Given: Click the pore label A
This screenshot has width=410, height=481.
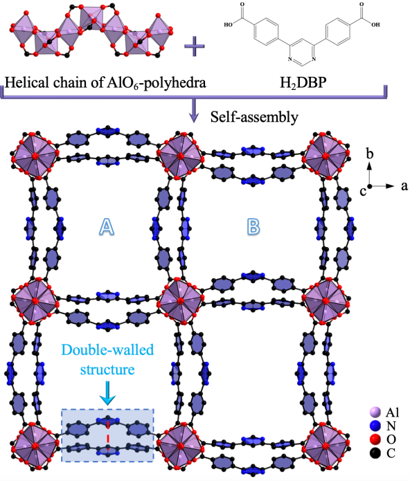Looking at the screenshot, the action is (x=107, y=227).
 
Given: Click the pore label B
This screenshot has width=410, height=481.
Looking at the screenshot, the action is (x=253, y=227).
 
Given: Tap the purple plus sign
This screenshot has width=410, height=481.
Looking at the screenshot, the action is (x=194, y=46).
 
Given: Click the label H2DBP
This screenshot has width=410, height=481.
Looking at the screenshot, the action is (x=303, y=83).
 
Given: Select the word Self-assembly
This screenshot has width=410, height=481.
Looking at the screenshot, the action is (x=254, y=117).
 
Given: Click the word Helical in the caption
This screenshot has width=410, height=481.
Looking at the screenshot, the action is (x=27, y=82).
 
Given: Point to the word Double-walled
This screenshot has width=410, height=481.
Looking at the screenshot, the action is (x=107, y=350).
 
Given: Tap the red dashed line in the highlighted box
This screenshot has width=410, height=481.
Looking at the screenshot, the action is (x=108, y=435).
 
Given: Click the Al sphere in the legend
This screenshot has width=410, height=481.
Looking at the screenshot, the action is (x=375, y=412).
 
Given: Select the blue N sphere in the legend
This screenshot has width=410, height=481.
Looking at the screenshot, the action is (x=375, y=426).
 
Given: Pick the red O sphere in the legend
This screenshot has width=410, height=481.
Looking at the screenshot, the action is (x=375, y=439).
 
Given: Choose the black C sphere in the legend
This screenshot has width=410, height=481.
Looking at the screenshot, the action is (x=375, y=453).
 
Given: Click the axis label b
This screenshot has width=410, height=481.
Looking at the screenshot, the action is (x=370, y=154).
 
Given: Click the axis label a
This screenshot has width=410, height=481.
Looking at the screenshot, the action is (x=404, y=186).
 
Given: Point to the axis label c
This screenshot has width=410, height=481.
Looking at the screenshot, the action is (x=363, y=192).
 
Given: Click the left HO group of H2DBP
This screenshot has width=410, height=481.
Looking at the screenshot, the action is (x=229, y=24).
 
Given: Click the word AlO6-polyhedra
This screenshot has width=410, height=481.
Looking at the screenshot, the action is (x=157, y=84).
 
